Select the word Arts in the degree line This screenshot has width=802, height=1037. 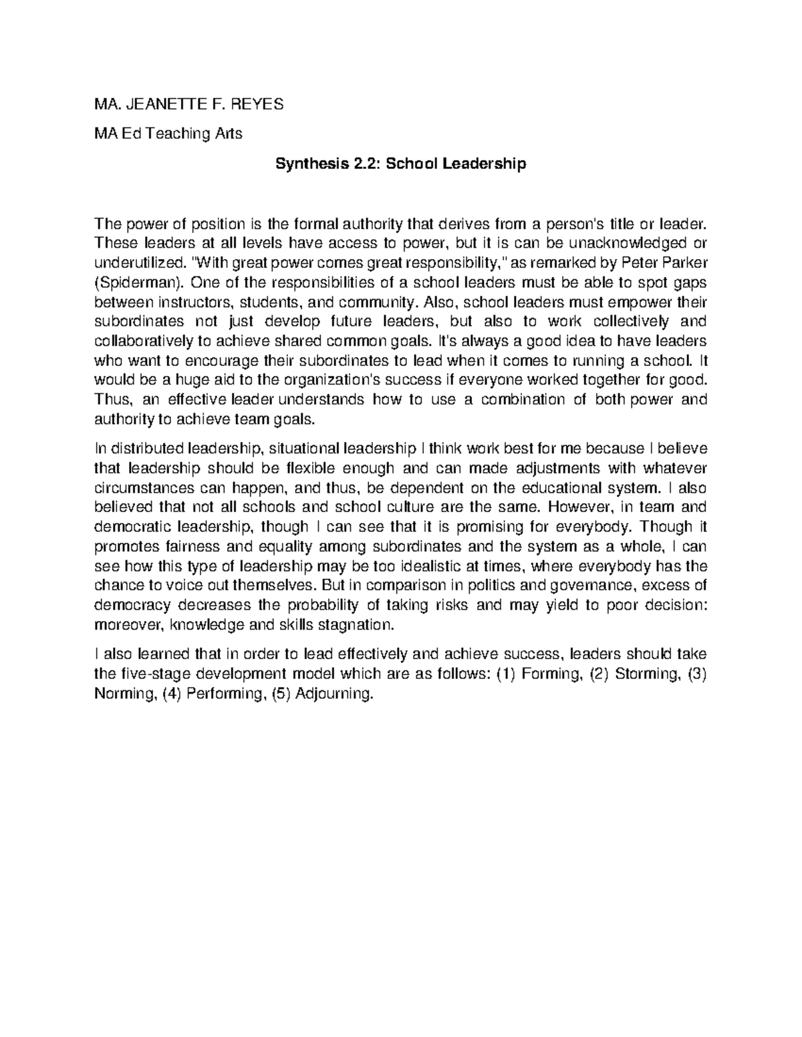[x=228, y=134]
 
